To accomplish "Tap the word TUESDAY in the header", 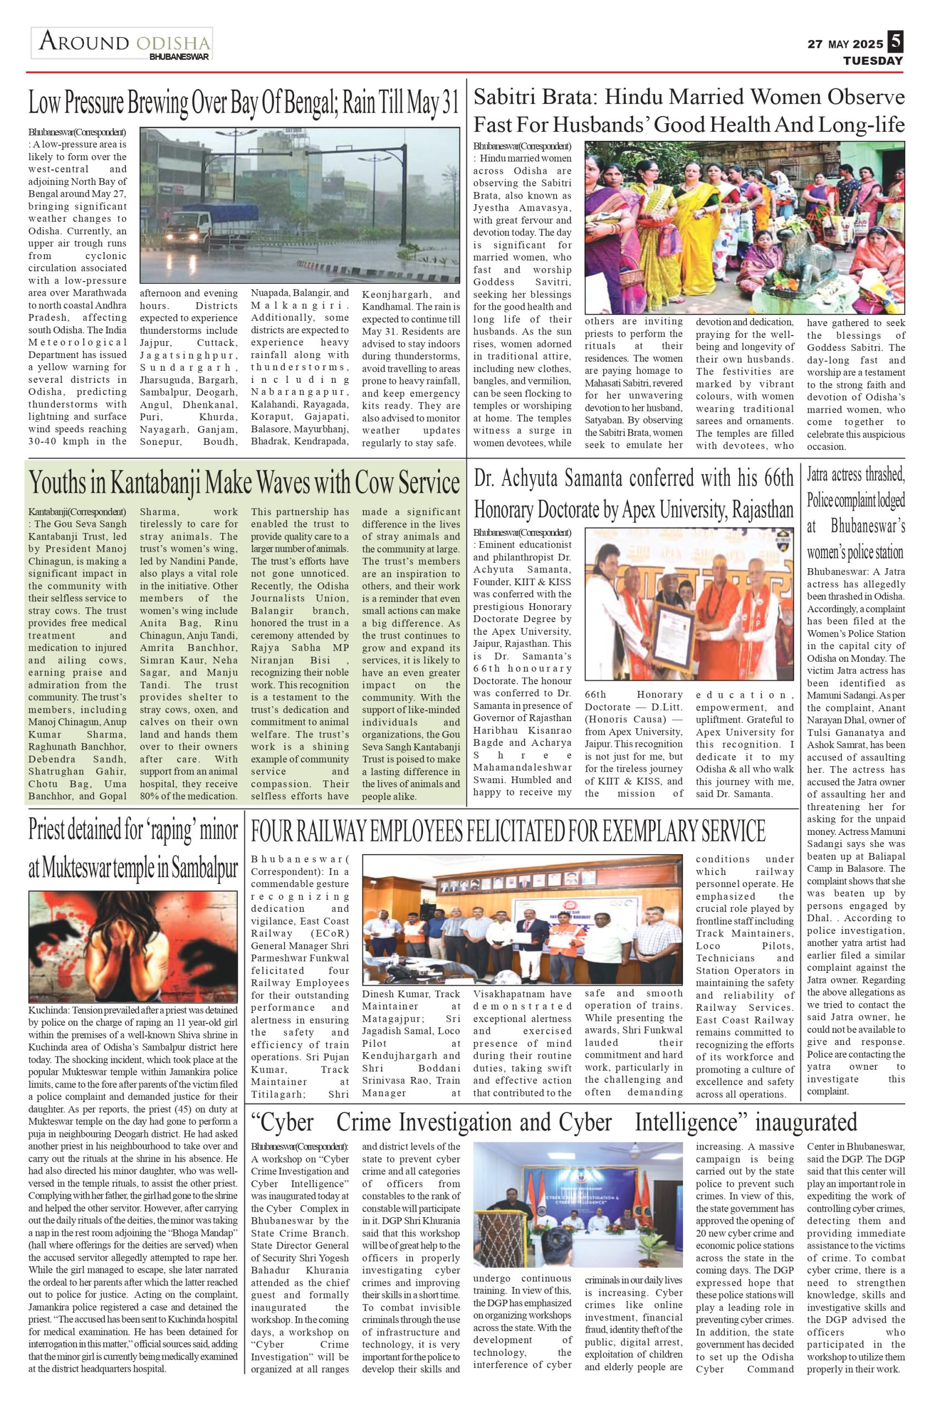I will [x=873, y=61].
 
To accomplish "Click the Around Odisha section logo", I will [x=122, y=43].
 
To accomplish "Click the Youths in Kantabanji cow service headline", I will [x=244, y=483].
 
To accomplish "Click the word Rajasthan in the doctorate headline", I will [x=763, y=509].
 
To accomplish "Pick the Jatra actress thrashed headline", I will [x=855, y=513].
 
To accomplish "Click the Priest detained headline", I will [x=133, y=849].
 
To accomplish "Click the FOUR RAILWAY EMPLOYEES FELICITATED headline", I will [x=508, y=832].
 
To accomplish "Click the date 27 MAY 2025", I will [x=845, y=45].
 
